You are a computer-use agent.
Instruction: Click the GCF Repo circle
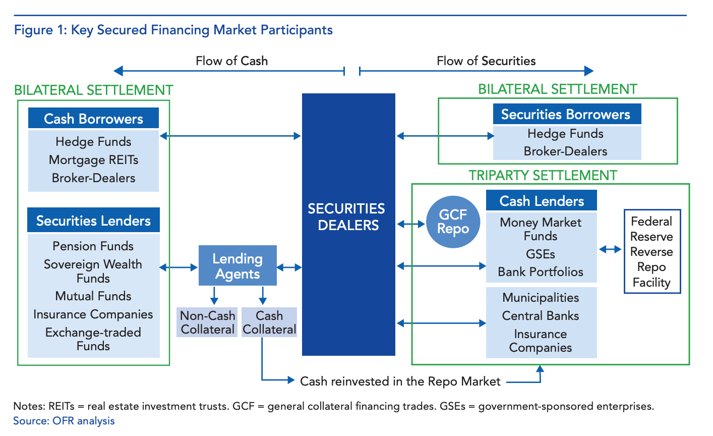pos(453,222)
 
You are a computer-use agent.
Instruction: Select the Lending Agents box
pos(237,266)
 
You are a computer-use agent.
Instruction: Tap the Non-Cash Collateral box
pos(207,322)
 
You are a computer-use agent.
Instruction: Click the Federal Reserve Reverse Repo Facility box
pos(651,251)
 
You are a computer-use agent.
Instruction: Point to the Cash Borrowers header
pos(93,119)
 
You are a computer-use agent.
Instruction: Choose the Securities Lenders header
pos(93,221)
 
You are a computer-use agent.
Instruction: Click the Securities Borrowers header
pos(565,115)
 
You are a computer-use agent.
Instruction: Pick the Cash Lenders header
pos(542,201)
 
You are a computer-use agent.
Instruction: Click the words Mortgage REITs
pos(93,160)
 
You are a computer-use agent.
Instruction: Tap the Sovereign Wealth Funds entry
pos(93,271)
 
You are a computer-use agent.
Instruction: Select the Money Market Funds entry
pos(541,229)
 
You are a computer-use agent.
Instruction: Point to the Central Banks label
pos(541,316)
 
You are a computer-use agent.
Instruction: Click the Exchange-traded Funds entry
pos(93,339)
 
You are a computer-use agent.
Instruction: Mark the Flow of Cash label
pos(231,61)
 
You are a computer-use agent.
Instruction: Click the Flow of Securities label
pos(486,61)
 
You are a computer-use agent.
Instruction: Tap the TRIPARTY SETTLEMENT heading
pos(543,175)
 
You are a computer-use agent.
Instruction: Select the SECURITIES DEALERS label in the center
pos(346,217)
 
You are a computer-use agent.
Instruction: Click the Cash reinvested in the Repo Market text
pos(400,381)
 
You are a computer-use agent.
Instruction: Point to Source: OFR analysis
pos(64,421)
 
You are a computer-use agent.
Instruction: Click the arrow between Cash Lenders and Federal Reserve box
pos(610,249)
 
